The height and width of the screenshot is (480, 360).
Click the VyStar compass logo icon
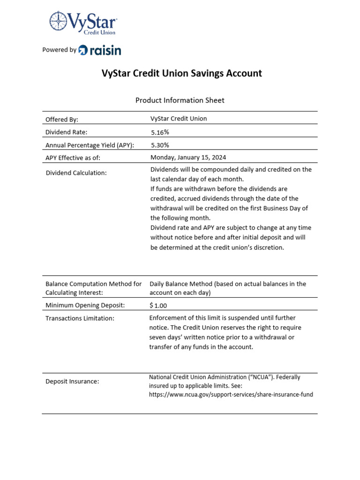(x=59, y=22)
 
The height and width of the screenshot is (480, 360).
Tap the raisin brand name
(x=104, y=50)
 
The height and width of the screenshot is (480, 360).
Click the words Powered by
(x=59, y=50)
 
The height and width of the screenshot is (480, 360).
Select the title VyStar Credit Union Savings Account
(x=182, y=74)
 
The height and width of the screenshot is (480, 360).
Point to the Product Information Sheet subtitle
(x=180, y=100)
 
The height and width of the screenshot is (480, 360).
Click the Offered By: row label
(x=62, y=119)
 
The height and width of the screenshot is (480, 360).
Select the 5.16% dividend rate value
(x=160, y=132)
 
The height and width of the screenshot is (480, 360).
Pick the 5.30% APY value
(x=160, y=145)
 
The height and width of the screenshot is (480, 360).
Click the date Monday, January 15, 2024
(x=188, y=157)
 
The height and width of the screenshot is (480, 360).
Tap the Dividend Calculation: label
(x=76, y=173)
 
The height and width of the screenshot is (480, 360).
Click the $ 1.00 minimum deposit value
(x=158, y=305)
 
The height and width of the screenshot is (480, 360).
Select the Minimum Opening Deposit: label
(x=85, y=305)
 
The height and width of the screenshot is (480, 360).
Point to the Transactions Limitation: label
(x=80, y=318)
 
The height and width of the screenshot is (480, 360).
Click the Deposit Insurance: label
(x=72, y=382)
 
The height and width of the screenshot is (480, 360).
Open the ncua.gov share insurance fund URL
(x=231, y=395)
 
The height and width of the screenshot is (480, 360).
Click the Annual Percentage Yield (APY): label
(x=90, y=145)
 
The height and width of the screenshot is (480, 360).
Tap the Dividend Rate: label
(x=66, y=132)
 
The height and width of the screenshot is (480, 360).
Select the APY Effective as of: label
(x=73, y=157)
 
